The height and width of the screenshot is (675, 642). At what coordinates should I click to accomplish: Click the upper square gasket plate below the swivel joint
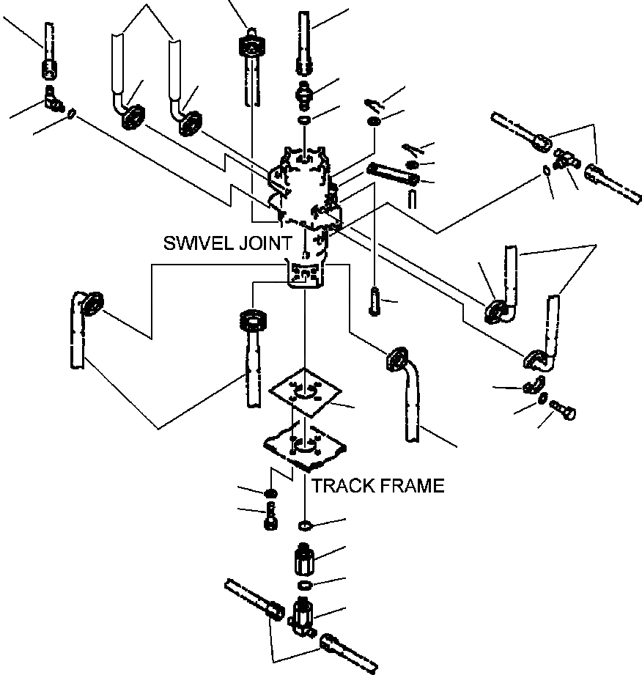coord(305,392)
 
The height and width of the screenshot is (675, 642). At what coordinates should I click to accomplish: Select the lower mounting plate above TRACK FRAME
coord(306,448)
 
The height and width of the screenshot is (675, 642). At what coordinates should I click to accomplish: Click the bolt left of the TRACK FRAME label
coord(271,515)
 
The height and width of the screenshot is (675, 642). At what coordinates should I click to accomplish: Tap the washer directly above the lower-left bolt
coord(271,492)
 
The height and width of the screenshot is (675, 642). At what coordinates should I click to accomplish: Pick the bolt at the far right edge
coord(563,409)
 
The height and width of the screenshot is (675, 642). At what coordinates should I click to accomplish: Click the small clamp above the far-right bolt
coord(534,385)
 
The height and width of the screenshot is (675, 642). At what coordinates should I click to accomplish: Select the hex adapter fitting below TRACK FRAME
coord(305,558)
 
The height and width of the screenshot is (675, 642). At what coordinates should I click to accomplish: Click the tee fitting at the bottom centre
coord(303,616)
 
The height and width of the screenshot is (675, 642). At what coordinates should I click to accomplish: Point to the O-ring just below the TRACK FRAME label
coord(305,525)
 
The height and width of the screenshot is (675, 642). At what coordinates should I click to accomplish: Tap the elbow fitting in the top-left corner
coord(53,99)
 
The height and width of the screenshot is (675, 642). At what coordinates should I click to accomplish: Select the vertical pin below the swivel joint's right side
coord(374,301)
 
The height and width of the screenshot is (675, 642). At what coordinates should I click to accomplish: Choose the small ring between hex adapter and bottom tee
coord(305,585)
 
